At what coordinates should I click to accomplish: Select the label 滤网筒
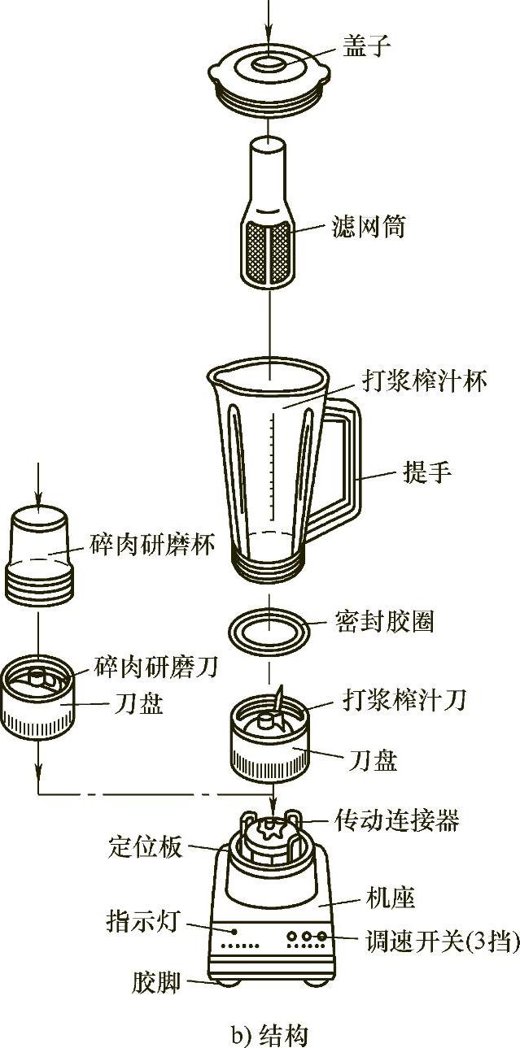(367, 226)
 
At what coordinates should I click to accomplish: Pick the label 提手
(426, 472)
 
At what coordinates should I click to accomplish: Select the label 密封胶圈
(384, 621)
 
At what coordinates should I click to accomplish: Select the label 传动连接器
(397, 820)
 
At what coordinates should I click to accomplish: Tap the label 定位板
(146, 846)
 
